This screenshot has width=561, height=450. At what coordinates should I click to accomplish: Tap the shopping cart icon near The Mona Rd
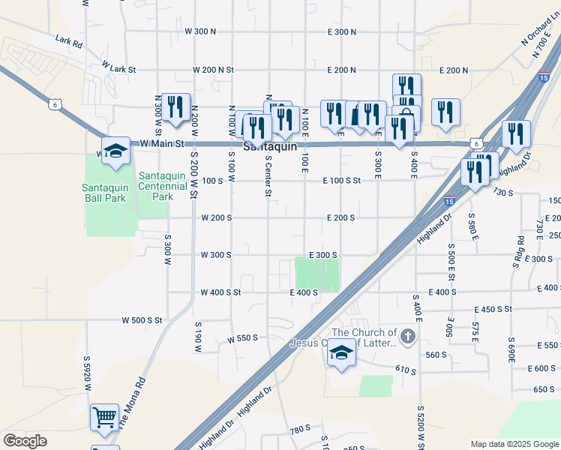point(104,417)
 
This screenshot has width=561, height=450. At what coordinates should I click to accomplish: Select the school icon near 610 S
point(341,353)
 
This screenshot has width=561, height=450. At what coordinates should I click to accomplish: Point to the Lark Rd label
point(67,40)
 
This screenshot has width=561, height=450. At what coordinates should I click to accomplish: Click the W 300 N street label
point(200,31)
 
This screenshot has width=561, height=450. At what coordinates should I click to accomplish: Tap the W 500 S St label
point(142,320)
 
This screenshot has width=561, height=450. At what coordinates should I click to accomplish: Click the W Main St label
point(159,144)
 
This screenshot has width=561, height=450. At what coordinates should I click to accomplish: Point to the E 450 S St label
point(493,309)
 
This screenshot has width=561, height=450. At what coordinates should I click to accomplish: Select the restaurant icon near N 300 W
point(176,107)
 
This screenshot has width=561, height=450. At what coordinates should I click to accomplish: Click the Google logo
point(25,441)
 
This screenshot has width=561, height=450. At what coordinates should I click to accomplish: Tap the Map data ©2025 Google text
point(514,444)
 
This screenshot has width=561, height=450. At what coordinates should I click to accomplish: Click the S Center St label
point(267,177)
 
